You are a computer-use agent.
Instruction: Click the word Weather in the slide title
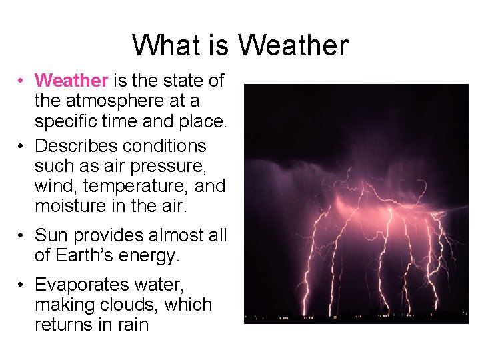pos(293,45)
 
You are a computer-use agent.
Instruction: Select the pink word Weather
pos(71,81)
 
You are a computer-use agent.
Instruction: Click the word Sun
pos(51,235)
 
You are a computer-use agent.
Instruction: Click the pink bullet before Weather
pos(22,81)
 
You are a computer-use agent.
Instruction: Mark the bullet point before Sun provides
pos(22,236)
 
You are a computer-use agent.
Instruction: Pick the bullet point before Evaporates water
pos(22,285)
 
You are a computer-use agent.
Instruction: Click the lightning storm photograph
pos(356,203)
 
